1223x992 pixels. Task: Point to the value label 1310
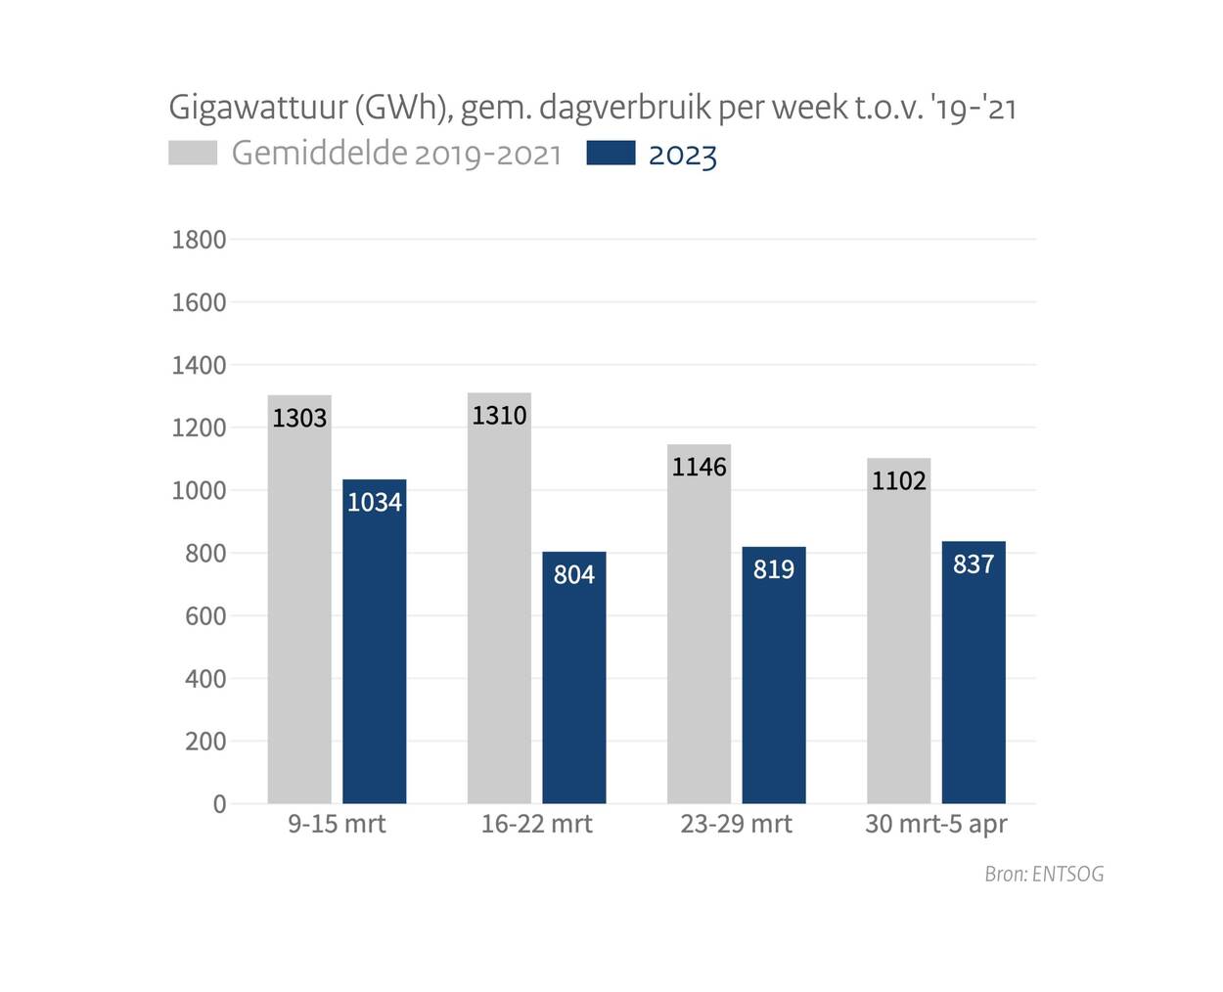[x=499, y=416]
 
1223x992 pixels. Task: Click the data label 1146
[x=699, y=468]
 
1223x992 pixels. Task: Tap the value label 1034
[x=375, y=503]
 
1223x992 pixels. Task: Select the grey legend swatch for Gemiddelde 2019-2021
[x=193, y=154]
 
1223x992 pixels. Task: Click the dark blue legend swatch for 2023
[x=611, y=154]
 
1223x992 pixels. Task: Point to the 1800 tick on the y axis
[x=199, y=240]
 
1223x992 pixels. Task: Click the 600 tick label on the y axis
[x=205, y=616]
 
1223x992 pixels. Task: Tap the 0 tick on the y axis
[x=219, y=804]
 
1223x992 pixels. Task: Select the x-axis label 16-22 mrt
[x=536, y=825]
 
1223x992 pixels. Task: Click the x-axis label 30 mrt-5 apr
[x=935, y=825]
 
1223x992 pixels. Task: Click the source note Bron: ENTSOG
[x=1044, y=875]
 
